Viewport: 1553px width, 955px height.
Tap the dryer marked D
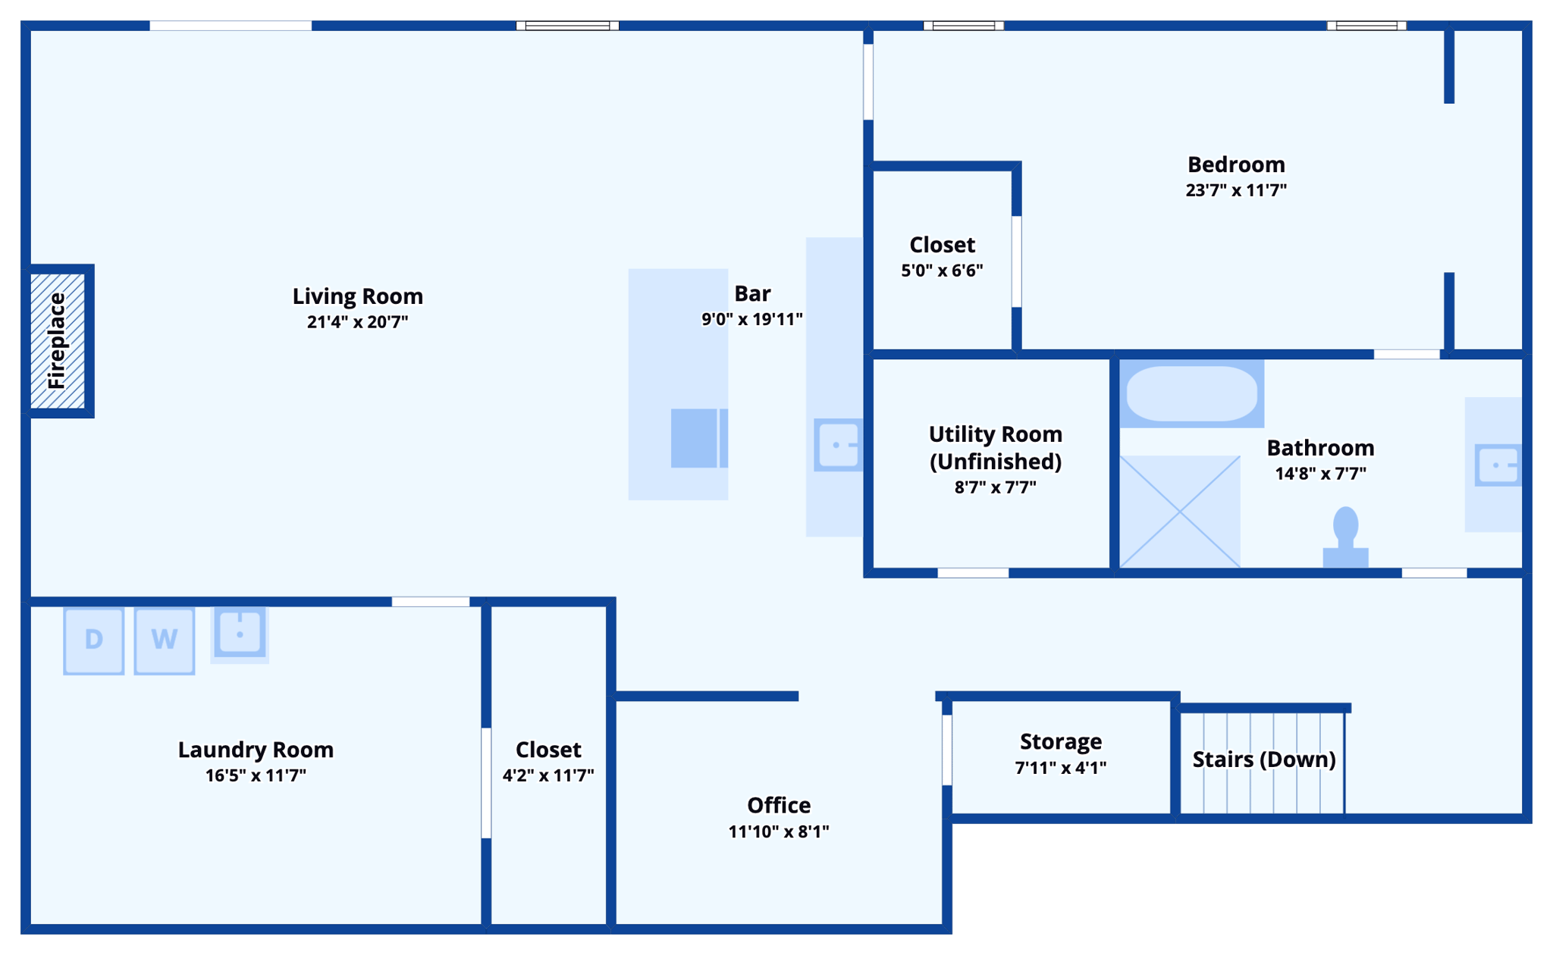pyautogui.click(x=93, y=640)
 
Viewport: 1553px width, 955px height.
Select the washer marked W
pyautogui.click(x=165, y=640)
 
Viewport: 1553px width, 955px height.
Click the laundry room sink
pyautogui.click(x=240, y=633)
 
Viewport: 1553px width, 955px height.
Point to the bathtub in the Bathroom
pyautogui.click(x=1191, y=394)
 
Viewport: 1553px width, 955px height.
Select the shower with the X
pyautogui.click(x=1180, y=512)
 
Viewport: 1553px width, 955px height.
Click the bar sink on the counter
pyautogui.click(x=838, y=445)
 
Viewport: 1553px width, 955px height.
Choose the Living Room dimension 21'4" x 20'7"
pyautogui.click(x=357, y=322)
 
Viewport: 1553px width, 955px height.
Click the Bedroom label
pyautogui.click(x=1236, y=164)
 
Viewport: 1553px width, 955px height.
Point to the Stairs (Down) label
pyautogui.click(x=1263, y=759)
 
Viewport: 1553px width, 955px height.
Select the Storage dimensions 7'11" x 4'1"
pyautogui.click(x=1060, y=768)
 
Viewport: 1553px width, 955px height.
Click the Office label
pyautogui.click(x=779, y=805)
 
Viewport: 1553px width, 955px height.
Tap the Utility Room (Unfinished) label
pyautogui.click(x=995, y=447)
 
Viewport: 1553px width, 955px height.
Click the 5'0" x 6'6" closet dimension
pyautogui.click(x=942, y=271)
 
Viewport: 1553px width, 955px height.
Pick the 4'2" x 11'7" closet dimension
pyautogui.click(x=547, y=775)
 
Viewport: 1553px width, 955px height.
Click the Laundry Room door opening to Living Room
pyautogui.click(x=430, y=602)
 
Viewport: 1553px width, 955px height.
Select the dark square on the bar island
pyautogui.click(x=694, y=438)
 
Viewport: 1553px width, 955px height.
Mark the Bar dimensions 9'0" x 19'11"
pyautogui.click(x=751, y=319)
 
